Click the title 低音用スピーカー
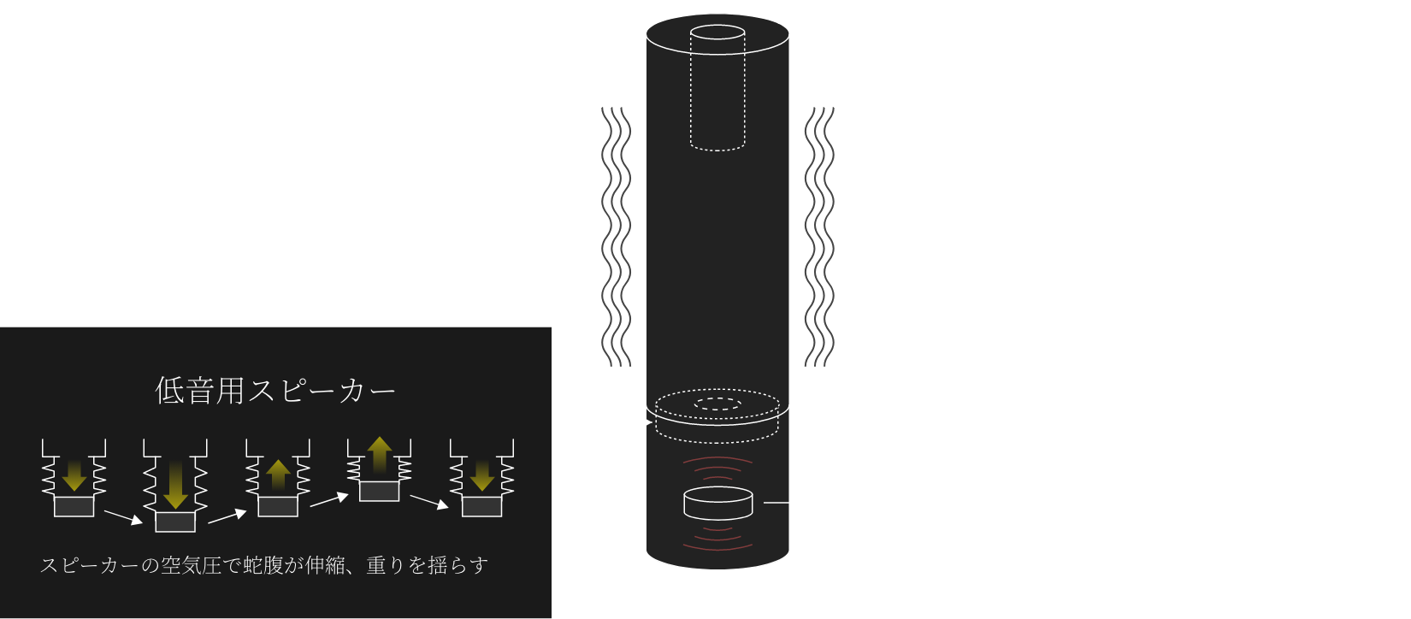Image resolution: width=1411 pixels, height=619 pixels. pyautogui.click(x=275, y=391)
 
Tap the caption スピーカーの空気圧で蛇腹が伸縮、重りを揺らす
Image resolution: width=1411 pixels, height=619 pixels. pyautogui.click(x=263, y=565)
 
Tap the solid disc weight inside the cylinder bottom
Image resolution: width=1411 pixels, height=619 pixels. pyautogui.click(x=717, y=504)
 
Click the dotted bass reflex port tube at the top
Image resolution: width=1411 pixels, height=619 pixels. pyautogui.click(x=717, y=90)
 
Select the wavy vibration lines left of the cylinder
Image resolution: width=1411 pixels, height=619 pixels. pyautogui.click(x=616, y=237)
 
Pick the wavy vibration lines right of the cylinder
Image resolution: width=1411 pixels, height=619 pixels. pyautogui.click(x=819, y=237)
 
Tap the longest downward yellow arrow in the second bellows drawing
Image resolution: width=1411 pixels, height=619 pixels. pyautogui.click(x=175, y=484)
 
